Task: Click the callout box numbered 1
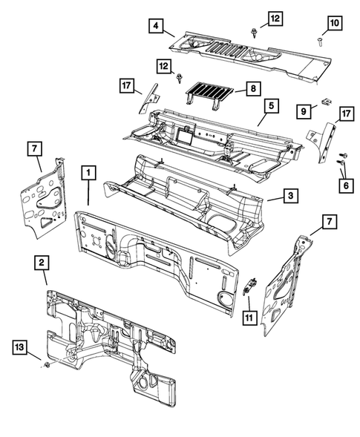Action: click(x=88, y=174)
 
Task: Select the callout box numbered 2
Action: click(x=43, y=261)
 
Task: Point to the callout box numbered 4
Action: click(x=156, y=27)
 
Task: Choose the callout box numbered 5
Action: click(x=271, y=107)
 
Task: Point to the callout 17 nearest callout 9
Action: click(x=345, y=114)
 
